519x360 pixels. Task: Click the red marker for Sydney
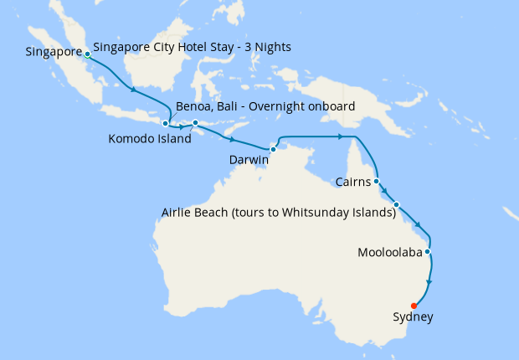pos(414,306)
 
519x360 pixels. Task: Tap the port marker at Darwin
pos(274,149)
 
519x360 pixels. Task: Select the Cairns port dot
pos(377,181)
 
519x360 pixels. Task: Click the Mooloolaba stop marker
pos(428,251)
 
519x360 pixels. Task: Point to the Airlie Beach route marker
pos(397,204)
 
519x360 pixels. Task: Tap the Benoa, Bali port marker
pos(166,124)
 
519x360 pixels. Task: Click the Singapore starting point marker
pos(88,54)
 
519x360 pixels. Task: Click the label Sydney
pos(414,317)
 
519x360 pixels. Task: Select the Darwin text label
pos(249,158)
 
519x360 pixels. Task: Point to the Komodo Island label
pos(150,139)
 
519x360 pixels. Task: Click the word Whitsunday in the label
pos(316,213)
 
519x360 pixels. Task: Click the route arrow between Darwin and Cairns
pos(341,136)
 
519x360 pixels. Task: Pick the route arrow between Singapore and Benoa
pos(131,89)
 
